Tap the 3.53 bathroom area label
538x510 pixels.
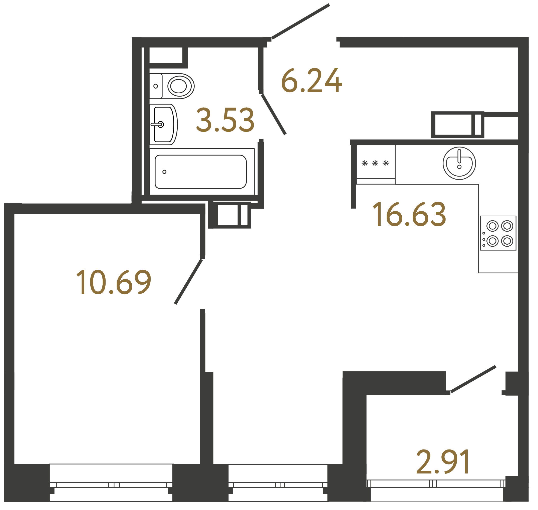[225, 120]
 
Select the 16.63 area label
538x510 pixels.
[409, 215]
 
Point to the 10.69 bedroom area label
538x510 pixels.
[113, 282]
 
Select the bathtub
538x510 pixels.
[201, 172]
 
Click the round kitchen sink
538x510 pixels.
[459, 163]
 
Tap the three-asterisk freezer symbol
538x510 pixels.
[375, 163]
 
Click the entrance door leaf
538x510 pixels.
[301, 21]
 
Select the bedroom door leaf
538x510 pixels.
[188, 282]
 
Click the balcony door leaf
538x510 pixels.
[473, 379]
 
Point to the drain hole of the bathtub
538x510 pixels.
[164, 172]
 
